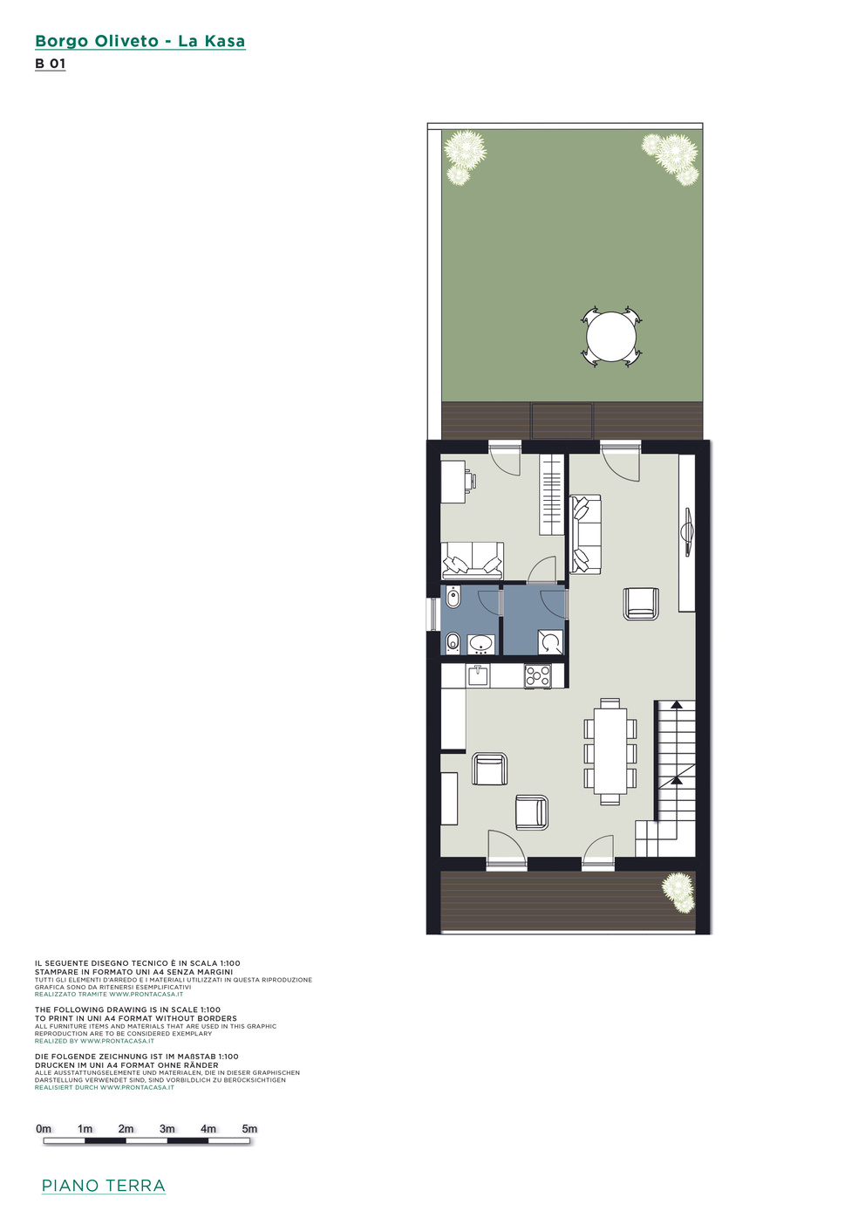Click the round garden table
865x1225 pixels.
pos(611,336)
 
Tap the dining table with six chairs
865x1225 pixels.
pos(610,751)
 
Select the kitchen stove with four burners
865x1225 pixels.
pos(537,676)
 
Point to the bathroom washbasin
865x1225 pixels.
pos(480,644)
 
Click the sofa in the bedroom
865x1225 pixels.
pos(472,560)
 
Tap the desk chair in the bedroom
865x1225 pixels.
pos(471,480)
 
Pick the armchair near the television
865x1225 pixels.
pos(640,604)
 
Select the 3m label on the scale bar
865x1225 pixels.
pos(167,1129)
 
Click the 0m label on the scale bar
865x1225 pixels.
pos(44,1129)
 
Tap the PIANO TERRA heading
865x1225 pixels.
pos(103,1183)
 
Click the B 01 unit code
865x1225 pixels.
pos(51,64)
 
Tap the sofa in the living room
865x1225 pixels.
pos(585,534)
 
